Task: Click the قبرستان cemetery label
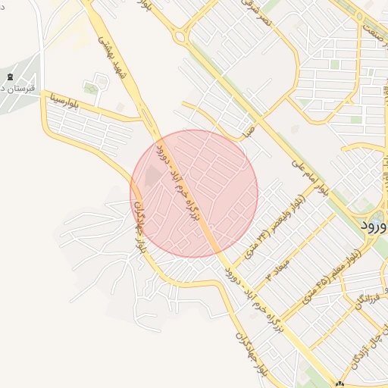point(13,89)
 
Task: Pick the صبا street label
point(247,131)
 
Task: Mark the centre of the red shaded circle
point(194,193)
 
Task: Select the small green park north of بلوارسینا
point(92,89)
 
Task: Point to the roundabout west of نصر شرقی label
point(179,35)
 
